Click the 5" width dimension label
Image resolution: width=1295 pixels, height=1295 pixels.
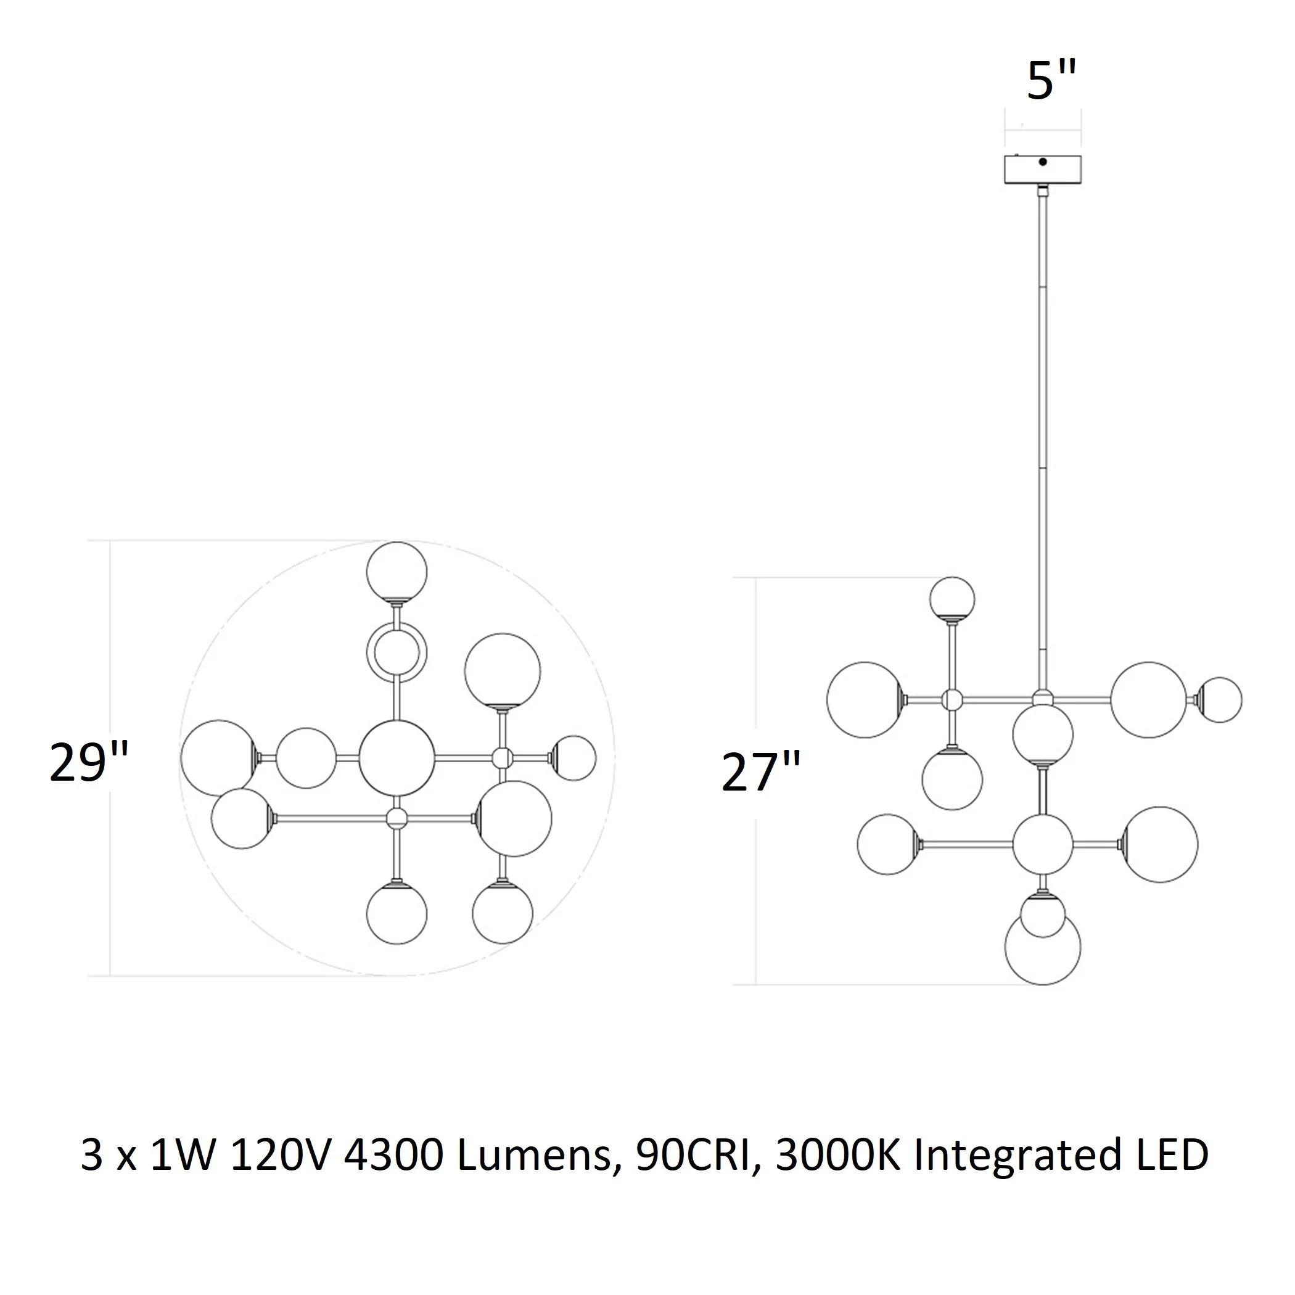pos(1051,80)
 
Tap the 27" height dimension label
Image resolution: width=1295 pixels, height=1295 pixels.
pos(761,772)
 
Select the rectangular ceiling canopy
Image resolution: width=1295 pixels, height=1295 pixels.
pos(1042,170)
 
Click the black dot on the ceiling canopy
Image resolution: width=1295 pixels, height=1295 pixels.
pos(1042,162)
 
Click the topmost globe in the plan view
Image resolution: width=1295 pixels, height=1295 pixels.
pos(397,572)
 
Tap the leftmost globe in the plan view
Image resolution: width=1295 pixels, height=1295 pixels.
pos(218,758)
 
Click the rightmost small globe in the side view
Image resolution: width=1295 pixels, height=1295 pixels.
pos(1219,700)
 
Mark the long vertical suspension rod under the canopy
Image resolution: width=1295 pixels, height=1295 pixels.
pos(1042,442)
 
